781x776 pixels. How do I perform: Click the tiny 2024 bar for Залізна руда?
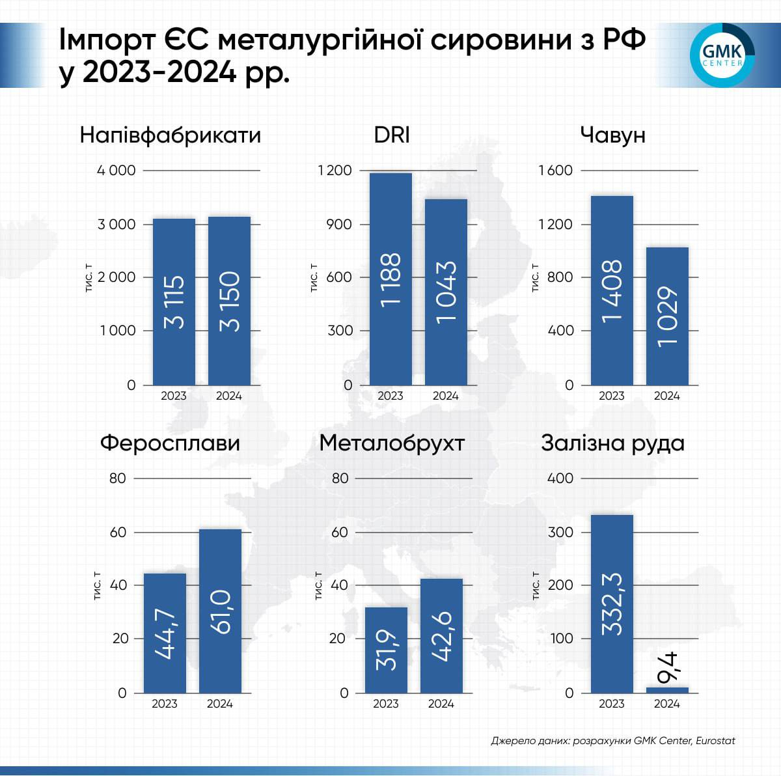[667, 689]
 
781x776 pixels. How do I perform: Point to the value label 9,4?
[668, 668]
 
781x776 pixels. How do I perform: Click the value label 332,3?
[612, 604]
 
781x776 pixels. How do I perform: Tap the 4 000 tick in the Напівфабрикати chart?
[116, 171]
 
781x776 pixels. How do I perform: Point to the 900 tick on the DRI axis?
[339, 224]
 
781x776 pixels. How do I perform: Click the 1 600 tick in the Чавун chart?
[556, 171]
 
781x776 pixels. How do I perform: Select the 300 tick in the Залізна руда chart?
[560, 532]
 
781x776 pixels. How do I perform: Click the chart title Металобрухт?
[392, 443]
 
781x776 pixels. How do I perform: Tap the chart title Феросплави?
[170, 443]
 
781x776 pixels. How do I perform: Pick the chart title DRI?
[392, 135]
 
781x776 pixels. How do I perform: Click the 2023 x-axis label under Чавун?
[611, 396]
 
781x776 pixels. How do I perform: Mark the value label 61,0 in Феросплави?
[220, 612]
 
